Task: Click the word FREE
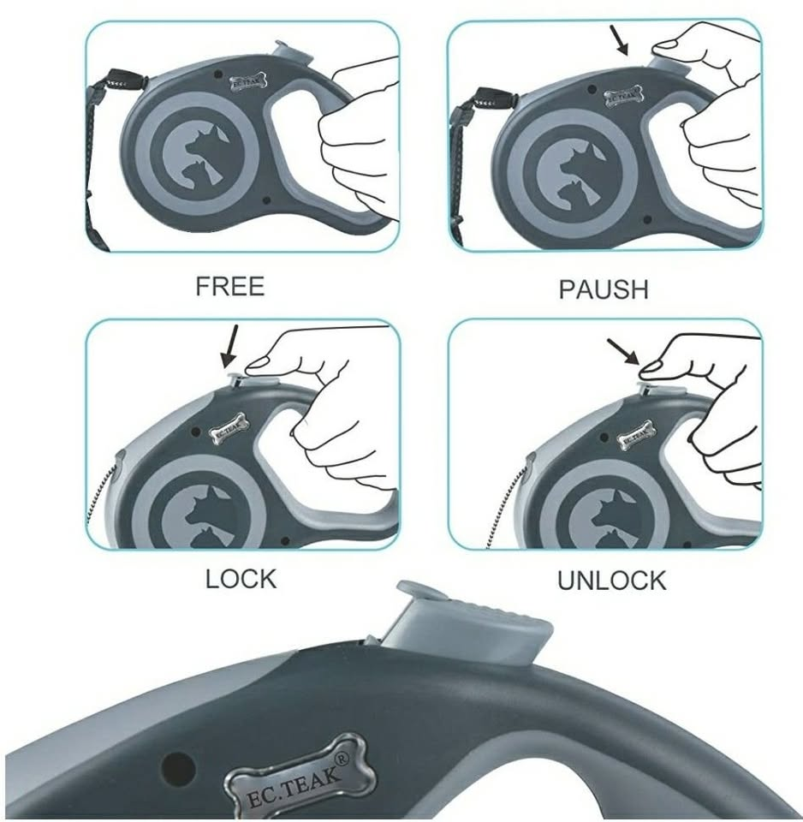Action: [x=229, y=286]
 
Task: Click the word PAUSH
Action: [x=604, y=289]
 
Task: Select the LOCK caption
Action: [x=241, y=580]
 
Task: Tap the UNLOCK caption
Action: [x=611, y=581]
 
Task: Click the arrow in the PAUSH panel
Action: [x=619, y=41]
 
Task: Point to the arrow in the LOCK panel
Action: [x=229, y=346]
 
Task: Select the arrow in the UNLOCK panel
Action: [x=623, y=351]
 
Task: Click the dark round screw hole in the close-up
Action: [x=178, y=769]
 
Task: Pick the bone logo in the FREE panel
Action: [x=249, y=83]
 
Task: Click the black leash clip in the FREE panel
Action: [x=125, y=81]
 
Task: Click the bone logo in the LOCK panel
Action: [x=229, y=429]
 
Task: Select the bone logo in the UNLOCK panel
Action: [x=636, y=435]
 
